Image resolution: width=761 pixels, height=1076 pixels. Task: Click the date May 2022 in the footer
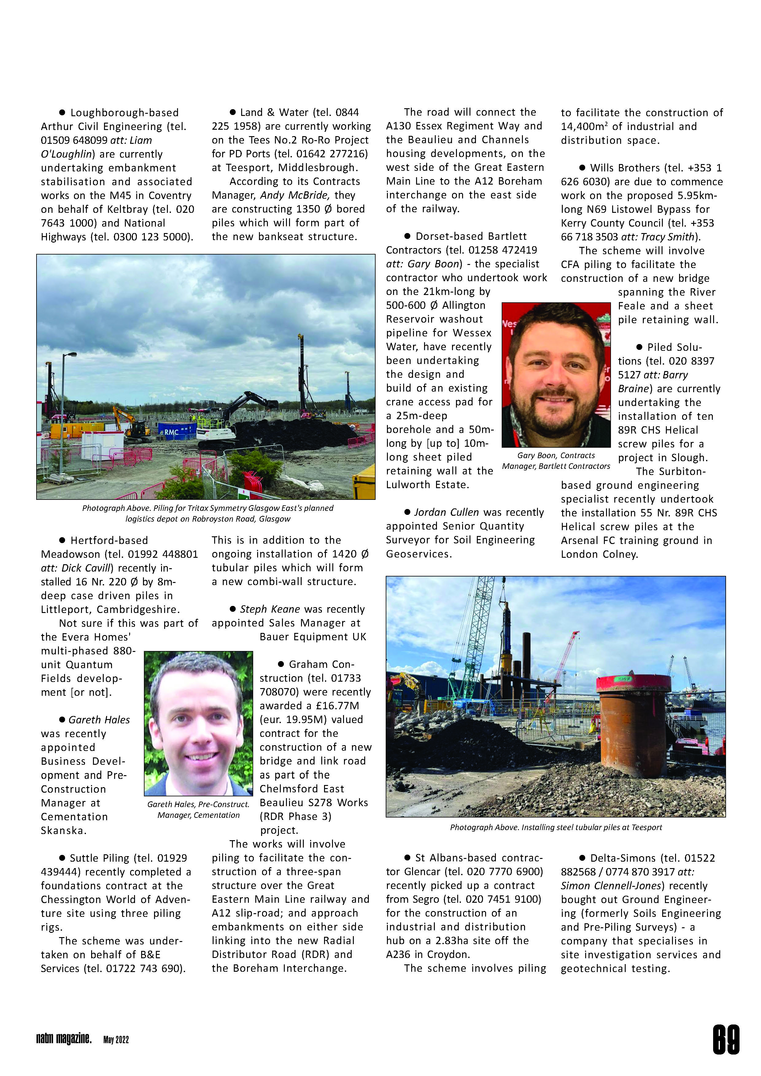[116, 1040]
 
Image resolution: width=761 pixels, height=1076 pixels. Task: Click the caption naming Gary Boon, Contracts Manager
[556, 461]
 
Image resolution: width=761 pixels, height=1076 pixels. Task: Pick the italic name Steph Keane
[270, 609]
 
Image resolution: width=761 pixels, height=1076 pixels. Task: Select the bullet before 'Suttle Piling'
[62, 858]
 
